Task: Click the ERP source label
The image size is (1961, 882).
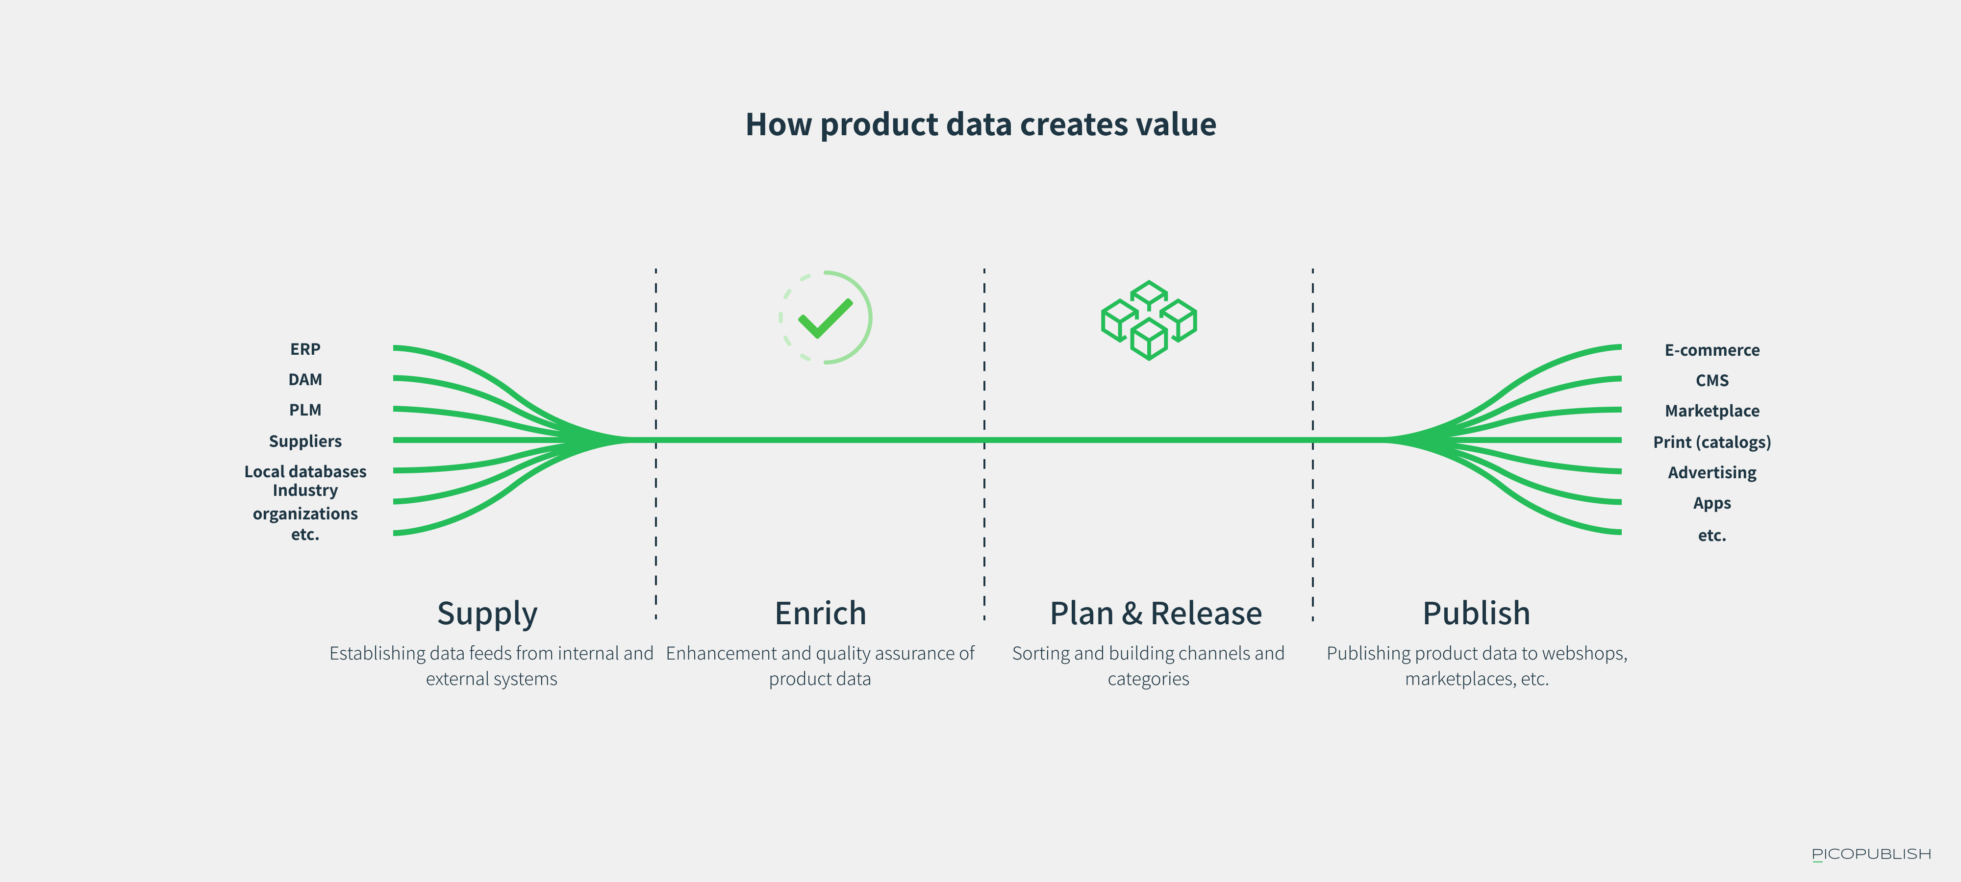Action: point(305,349)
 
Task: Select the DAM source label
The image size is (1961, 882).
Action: point(305,380)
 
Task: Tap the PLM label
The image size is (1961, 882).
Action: point(305,410)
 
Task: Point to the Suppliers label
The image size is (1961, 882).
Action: point(305,441)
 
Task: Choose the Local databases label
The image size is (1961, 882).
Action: point(305,472)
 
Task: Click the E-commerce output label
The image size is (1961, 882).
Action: point(1712,350)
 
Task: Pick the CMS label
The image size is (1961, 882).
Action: point(1712,381)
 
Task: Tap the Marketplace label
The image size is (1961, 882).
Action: point(1712,411)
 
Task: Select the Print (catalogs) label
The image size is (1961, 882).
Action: point(1712,442)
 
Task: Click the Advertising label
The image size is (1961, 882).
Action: point(1712,472)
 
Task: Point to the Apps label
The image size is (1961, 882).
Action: point(1712,503)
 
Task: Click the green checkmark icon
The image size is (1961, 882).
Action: point(825,318)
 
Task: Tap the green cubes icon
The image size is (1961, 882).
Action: point(1149,320)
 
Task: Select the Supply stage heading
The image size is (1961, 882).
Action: point(487,614)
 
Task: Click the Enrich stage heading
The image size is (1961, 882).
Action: point(821,613)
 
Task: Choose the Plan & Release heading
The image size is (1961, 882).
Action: point(1156,613)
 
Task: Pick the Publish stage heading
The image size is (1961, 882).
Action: point(1477,613)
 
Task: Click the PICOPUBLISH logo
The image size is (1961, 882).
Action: point(1871,854)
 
